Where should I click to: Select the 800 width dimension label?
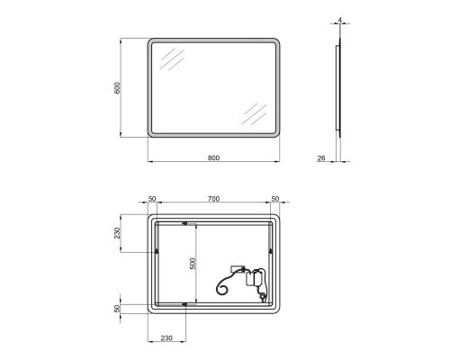tap(213, 158)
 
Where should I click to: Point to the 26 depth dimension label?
tap(321, 158)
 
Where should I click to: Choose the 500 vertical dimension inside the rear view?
tap(191, 263)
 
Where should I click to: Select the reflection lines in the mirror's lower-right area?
tap(255, 114)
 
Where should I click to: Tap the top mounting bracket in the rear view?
tap(185, 222)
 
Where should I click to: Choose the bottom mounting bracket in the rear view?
tap(185, 305)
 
